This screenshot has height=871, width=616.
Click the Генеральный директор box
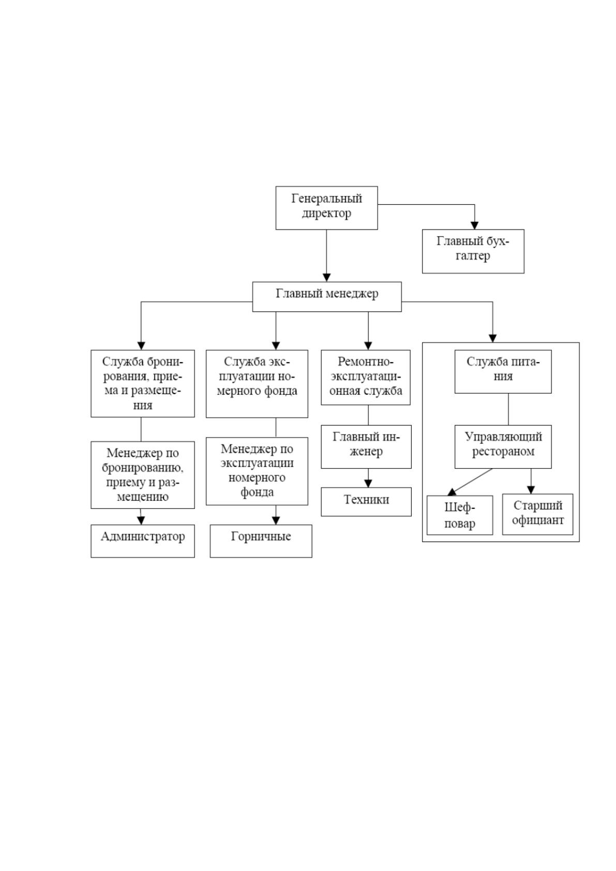pos(326,207)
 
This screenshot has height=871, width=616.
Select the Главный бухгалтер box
pos(473,251)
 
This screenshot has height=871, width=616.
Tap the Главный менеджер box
pos(327,297)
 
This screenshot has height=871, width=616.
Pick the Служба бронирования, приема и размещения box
pos(143,383)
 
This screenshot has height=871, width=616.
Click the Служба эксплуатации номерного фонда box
pos(257,384)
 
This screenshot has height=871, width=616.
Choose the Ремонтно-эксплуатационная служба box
pos(366,377)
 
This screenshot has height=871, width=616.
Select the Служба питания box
pos(503,371)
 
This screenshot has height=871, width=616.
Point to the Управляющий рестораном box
pos(503,446)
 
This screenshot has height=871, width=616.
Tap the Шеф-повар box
pos(460,515)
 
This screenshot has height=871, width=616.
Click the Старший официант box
pos(537,515)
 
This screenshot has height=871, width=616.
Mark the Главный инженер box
pos(366,446)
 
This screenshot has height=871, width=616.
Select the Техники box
pos(366,502)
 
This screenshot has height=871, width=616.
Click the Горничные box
pos(261,541)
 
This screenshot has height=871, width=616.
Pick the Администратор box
pos(143,541)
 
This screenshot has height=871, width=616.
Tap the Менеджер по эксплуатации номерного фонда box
pos(257,471)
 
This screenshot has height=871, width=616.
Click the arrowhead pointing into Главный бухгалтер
pos(474,226)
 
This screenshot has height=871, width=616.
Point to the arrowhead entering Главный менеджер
pos(327,278)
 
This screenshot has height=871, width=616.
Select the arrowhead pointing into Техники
pos(368,484)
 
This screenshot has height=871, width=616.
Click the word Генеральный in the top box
pos(327,199)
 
